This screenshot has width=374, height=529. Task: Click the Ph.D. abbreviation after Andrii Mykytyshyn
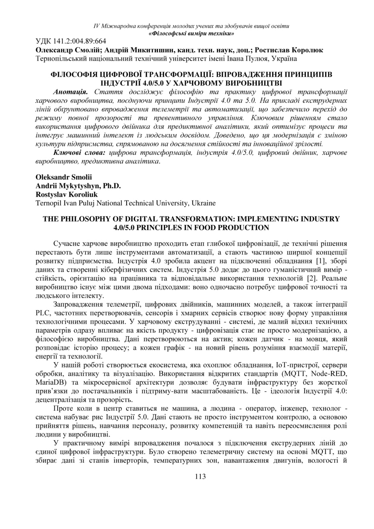pos(111,186)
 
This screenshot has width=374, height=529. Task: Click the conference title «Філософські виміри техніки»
pos(191,33)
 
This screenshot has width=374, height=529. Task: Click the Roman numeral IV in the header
pos(96,26)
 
